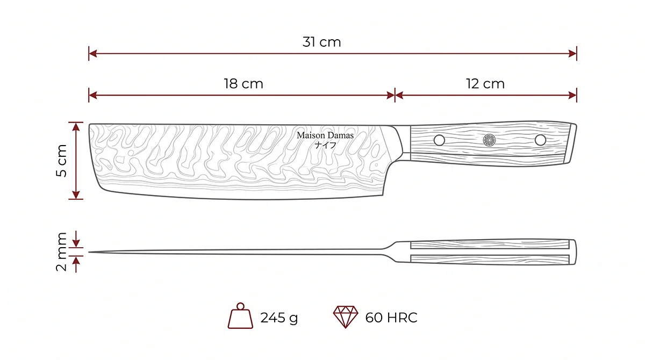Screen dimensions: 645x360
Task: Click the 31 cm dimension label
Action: pyautogui.click(x=321, y=42)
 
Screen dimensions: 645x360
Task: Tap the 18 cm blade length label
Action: pyautogui.click(x=243, y=84)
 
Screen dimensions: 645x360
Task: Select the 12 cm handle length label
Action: pyautogui.click(x=485, y=84)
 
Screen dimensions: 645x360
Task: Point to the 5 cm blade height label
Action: pyautogui.click(x=61, y=161)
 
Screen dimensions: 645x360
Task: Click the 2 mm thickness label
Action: pyautogui.click(x=61, y=252)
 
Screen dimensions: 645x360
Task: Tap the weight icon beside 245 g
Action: pyautogui.click(x=240, y=316)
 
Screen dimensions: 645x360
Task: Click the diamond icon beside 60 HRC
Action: pyautogui.click(x=346, y=317)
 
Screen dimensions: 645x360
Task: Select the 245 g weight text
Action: pyautogui.click(x=279, y=318)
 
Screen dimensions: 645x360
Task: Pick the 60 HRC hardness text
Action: pyautogui.click(x=391, y=318)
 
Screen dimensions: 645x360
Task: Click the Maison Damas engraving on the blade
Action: pyautogui.click(x=325, y=135)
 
